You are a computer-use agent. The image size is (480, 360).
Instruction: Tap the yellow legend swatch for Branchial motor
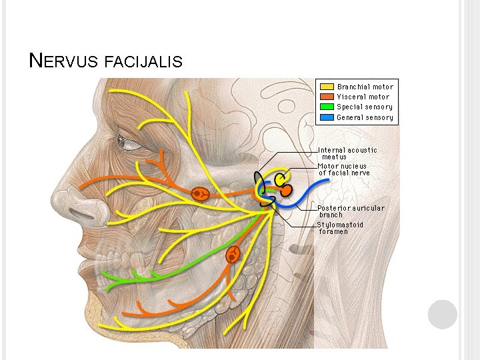327,87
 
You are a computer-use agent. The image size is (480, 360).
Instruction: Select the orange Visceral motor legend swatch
327,97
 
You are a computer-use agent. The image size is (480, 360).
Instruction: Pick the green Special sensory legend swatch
327,107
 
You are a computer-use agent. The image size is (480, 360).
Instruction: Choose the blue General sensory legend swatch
327,117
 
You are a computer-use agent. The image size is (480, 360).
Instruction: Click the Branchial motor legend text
365,87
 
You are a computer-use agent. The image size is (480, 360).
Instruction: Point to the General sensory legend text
365,117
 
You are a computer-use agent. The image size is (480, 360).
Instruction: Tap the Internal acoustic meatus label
347,153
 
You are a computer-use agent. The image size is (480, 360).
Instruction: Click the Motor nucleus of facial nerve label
343,169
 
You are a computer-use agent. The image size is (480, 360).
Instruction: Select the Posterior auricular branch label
351,211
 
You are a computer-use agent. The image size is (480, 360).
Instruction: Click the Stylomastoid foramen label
341,227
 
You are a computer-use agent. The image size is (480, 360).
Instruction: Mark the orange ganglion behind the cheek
199,194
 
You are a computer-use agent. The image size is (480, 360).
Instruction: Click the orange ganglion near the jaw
233,254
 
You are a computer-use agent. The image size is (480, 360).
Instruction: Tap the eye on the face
129,142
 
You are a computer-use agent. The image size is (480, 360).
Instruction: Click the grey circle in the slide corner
442,314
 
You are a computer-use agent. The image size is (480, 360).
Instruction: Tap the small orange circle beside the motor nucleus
286,190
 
